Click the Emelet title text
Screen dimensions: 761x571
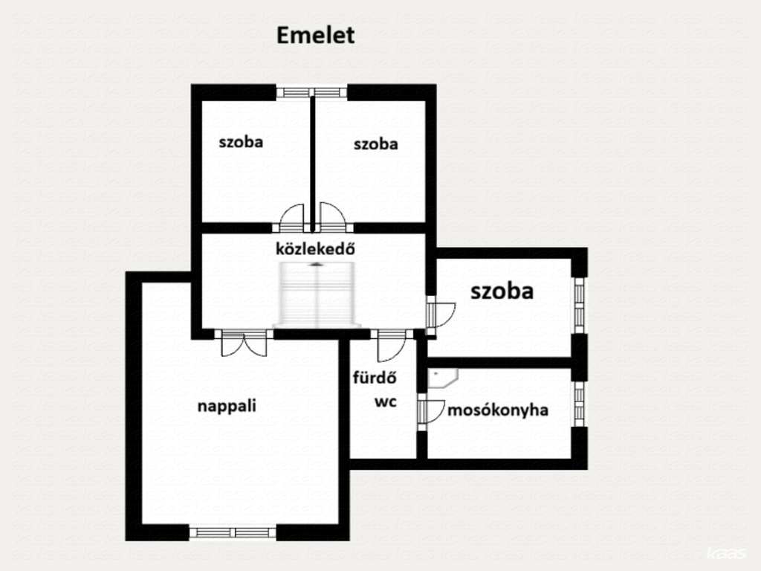point(315,36)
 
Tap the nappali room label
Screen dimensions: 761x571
point(227,406)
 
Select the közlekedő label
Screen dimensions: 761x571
point(315,248)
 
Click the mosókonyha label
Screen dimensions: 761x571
point(498,410)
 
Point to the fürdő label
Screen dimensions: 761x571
point(375,377)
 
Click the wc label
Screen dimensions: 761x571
point(386,401)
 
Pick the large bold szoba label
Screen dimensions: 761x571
point(502,291)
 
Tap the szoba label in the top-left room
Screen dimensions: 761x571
point(241,142)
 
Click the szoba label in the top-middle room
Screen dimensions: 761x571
point(375,143)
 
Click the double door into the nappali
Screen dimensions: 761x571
point(244,343)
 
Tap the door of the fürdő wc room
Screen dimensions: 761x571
point(392,346)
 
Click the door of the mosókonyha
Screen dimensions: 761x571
point(430,410)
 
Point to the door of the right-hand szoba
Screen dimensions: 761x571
point(440,316)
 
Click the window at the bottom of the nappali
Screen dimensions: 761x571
point(233,532)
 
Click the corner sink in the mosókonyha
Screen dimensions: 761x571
point(442,378)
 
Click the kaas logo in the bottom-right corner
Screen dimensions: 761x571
point(726,553)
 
